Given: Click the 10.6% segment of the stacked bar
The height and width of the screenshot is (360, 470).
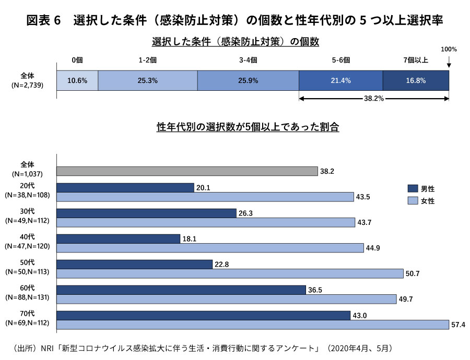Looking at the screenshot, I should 77,81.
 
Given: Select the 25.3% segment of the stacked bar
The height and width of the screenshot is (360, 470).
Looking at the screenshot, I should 148,81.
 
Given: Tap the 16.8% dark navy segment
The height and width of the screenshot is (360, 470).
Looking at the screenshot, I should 415,81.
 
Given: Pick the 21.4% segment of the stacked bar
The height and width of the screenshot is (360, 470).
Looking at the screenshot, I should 340,81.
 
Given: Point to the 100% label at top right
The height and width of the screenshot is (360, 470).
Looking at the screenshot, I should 449,50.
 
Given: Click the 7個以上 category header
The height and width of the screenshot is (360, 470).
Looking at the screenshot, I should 416,60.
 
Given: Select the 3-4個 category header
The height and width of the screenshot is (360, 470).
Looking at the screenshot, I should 248,60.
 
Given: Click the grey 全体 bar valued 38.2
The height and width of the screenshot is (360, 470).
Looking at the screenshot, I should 187,171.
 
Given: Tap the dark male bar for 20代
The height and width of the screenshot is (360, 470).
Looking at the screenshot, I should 125,188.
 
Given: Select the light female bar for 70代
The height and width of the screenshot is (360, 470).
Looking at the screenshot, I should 253,325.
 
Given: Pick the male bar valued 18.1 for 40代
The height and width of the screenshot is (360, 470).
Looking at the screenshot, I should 119,238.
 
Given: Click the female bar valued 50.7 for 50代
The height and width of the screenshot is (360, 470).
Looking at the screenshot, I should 230,273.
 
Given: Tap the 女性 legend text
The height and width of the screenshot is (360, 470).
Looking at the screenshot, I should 428,201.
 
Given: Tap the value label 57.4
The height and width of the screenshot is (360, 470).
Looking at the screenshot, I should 458,325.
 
